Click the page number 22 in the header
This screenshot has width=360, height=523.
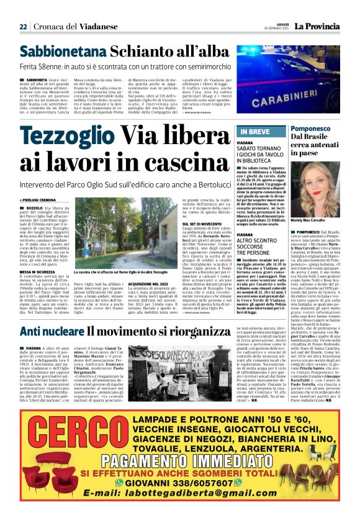23,27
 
